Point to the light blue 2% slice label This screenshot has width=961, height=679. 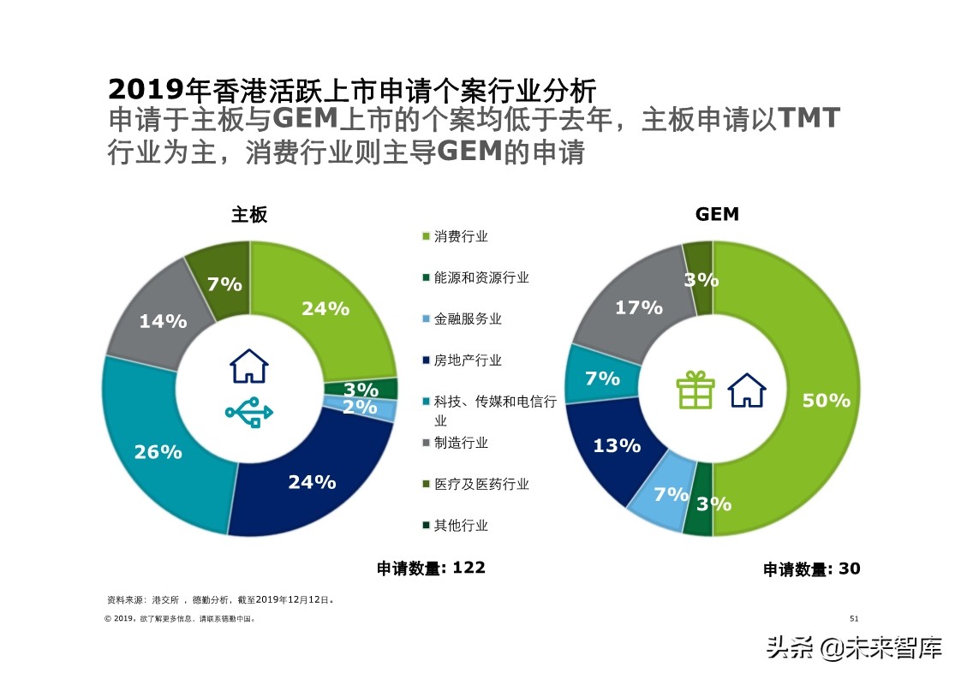click(360, 408)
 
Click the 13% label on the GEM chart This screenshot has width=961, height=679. click(617, 445)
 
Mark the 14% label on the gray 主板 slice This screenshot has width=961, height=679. click(163, 321)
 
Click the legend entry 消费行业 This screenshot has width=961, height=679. click(461, 236)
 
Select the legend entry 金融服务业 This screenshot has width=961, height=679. click(468, 319)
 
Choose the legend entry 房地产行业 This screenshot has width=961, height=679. click(468, 360)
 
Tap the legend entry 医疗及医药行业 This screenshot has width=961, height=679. click(481, 484)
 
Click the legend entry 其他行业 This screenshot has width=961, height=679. click(461, 525)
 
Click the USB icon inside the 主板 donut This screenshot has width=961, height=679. click(248, 413)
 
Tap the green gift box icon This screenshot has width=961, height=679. click(695, 390)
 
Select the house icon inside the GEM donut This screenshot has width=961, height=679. click(746, 390)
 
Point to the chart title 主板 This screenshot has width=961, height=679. click(249, 214)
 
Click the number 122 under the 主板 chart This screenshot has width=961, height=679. click(469, 568)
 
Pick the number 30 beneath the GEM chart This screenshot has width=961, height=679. click(849, 569)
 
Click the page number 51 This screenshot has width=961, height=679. click(853, 618)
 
